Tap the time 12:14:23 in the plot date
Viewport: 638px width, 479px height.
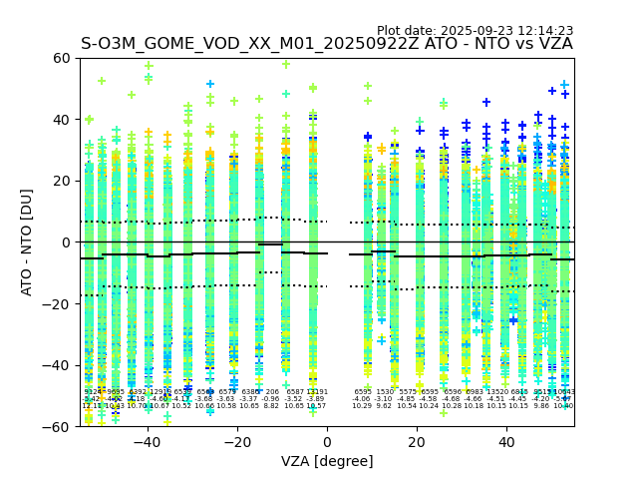coord(546,31)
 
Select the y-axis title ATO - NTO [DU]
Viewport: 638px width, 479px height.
coord(27,241)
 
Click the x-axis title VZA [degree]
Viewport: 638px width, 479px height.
coord(327,461)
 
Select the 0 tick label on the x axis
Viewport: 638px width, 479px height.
coord(327,441)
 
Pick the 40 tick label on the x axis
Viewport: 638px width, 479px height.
coord(506,441)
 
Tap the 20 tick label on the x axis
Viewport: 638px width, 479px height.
coord(417,441)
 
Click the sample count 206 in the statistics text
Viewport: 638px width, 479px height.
coord(271,392)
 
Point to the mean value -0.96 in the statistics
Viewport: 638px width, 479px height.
coord(271,399)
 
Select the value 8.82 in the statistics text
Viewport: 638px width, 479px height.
coord(271,406)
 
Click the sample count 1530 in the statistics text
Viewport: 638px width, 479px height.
coord(385,392)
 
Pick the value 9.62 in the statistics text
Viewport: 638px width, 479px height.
coord(384,406)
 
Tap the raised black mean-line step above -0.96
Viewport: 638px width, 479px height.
coord(270,244)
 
